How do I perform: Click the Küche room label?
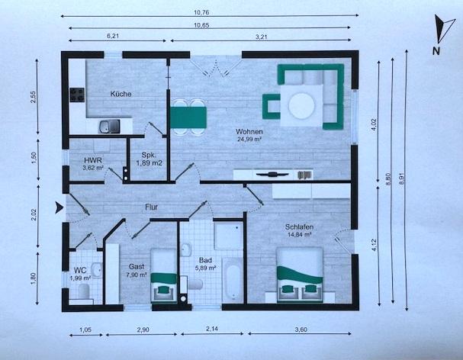coord(121,94)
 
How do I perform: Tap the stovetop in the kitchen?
coord(77,95)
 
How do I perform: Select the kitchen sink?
coord(109,126)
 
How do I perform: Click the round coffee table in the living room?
coord(302,106)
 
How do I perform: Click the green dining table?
coord(188,117)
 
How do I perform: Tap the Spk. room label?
coord(149,155)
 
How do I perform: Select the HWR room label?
coord(93,160)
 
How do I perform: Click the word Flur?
coord(152,207)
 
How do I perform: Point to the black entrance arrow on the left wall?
coord(59,207)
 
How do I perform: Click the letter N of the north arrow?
coord(436,51)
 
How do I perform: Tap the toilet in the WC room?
coord(84,291)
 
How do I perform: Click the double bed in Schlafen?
coord(300,275)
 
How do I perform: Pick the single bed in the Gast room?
coord(164,275)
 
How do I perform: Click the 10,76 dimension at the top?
coord(201,12)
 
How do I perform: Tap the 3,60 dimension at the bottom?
coord(301,329)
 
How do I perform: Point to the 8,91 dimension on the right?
coord(401,178)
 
